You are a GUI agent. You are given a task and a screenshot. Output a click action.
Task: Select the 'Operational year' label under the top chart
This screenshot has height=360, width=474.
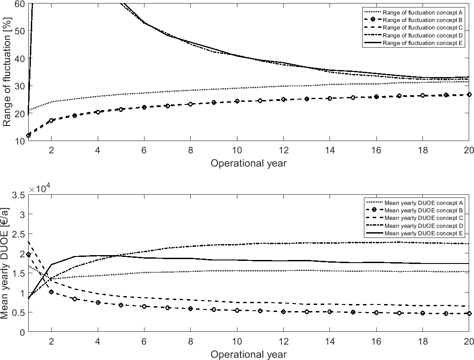[x=248, y=163]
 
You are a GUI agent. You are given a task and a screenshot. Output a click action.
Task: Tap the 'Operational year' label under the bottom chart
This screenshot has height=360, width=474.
[x=248, y=354]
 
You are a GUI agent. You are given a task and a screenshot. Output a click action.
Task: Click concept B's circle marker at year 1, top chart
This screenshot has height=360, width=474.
[x=28, y=135]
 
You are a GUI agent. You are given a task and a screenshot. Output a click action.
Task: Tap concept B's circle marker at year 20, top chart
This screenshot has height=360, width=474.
[x=469, y=94]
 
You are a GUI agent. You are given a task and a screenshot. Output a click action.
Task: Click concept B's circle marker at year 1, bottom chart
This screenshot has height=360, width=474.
[x=28, y=255]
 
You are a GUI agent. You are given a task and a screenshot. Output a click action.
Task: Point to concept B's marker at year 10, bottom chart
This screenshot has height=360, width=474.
[x=237, y=310]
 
